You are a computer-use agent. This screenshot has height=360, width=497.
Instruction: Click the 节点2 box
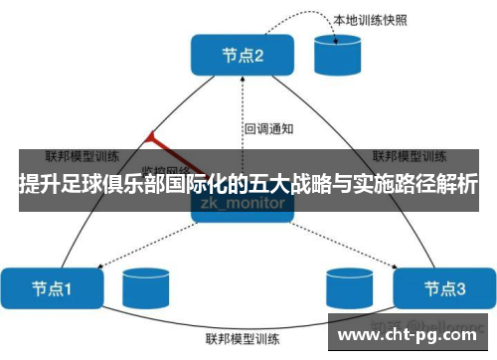(244, 56)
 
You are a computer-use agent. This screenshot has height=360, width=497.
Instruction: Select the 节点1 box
(50, 288)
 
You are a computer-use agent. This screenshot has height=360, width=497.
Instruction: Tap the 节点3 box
(443, 288)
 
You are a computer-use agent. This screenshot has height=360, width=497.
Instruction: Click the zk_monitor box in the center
(245, 203)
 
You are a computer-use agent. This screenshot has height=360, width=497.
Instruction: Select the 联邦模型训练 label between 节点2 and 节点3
(407, 156)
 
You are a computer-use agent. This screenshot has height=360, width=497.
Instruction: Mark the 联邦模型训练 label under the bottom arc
(245, 338)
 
